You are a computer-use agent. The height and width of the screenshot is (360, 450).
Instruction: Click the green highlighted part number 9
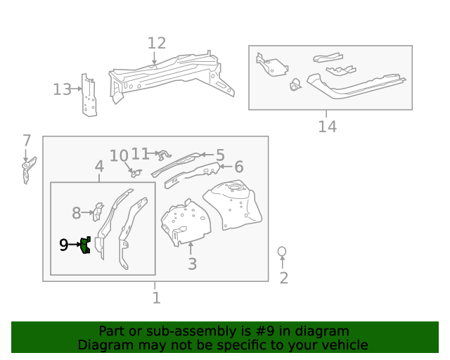pyautogui.click(x=85, y=245)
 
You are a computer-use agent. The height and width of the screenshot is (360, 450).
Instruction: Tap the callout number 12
pyautogui.click(x=156, y=44)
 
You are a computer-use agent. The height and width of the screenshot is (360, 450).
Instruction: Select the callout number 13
pyautogui.click(x=62, y=89)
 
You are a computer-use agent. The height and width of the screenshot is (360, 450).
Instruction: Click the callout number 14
pyautogui.click(x=327, y=127)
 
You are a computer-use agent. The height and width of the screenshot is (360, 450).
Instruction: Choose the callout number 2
pyautogui.click(x=283, y=278)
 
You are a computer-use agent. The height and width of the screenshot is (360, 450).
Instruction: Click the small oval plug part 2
pyautogui.click(x=282, y=251)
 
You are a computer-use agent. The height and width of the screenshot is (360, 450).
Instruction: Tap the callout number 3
pyautogui.click(x=192, y=264)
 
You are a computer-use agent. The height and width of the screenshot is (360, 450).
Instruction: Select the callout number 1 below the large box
pyautogui.click(x=156, y=298)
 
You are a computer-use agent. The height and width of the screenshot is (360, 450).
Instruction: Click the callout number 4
pyautogui.click(x=99, y=167)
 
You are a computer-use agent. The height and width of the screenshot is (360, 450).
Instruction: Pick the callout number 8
pyautogui.click(x=77, y=212)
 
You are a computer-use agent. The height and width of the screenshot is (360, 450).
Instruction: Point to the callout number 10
pyautogui.click(x=119, y=155)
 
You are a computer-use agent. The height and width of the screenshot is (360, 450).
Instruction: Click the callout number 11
pyautogui.click(x=141, y=153)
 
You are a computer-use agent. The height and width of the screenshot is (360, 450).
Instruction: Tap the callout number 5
pyautogui.click(x=219, y=155)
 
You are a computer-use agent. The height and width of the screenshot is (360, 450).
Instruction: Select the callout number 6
pyautogui.click(x=238, y=167)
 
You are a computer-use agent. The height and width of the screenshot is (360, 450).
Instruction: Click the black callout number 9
pyautogui.click(x=63, y=245)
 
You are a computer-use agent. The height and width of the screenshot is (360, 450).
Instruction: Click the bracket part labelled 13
pyautogui.click(x=89, y=96)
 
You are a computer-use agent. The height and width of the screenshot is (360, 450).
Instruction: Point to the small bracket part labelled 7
pyautogui.click(x=27, y=170)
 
